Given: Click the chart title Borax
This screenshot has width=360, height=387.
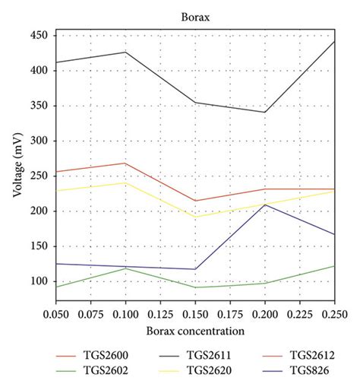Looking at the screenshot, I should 195,15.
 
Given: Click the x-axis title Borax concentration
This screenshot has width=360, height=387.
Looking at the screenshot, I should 195,331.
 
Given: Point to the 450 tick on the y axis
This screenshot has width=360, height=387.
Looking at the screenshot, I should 39,36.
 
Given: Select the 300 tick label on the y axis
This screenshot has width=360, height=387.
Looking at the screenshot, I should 39,141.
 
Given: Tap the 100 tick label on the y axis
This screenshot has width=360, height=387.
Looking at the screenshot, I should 39,281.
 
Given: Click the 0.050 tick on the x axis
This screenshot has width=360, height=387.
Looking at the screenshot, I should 55,313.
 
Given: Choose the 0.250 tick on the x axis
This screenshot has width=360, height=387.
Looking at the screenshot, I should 334,313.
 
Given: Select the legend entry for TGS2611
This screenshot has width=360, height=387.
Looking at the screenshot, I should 199,355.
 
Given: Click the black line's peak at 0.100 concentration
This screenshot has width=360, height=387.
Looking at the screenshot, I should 125,52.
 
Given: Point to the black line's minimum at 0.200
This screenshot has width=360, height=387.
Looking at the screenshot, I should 265,113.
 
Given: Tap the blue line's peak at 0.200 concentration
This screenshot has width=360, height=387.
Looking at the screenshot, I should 265,205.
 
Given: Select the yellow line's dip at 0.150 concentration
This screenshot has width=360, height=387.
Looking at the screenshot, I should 195,217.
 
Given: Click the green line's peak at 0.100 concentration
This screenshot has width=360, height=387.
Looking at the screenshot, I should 125,268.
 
